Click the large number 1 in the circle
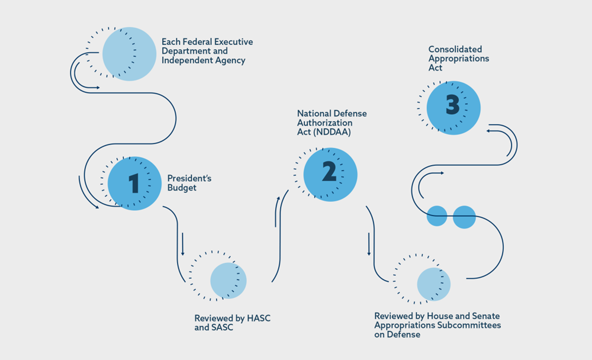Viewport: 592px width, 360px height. pos(133,183)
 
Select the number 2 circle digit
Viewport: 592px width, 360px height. pos(329,172)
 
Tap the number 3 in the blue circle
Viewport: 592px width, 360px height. pos(453,107)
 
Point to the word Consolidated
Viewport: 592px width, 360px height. pos(455,49)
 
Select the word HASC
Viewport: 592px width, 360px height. pos(258,318)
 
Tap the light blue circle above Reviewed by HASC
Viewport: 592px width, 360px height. pos(228,281)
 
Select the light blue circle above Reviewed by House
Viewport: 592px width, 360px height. pos(434,284)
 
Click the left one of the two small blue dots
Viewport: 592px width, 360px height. pos(437,216)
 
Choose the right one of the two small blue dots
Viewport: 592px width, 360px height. pos(465,217)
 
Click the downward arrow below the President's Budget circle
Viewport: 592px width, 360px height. pos(182,244)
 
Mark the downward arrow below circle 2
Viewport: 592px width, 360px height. pos(369,244)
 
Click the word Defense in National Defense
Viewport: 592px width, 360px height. pos(352,113)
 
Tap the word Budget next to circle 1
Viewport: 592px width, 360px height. pos(182,188)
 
